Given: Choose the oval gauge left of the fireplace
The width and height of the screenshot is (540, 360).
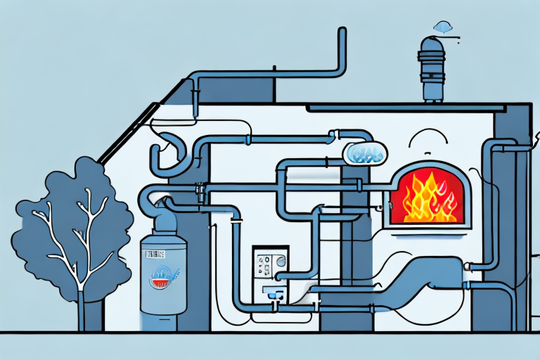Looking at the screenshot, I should (364, 153).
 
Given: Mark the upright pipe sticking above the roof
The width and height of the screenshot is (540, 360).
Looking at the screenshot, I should (342, 49).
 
